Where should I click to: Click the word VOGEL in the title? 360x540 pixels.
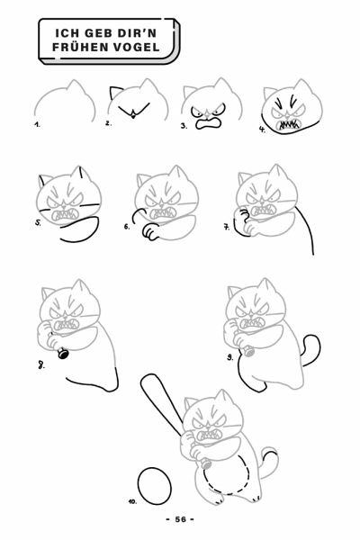(137, 47)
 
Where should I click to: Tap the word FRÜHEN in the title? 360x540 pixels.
(80, 47)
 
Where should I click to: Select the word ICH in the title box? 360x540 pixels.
(67, 33)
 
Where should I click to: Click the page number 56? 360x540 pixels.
(180, 519)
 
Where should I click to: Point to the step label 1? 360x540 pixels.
(37, 125)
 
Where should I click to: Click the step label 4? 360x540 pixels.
(263, 130)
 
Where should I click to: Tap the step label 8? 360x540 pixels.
(41, 365)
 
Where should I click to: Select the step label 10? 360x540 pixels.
(132, 501)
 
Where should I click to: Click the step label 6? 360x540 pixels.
(127, 226)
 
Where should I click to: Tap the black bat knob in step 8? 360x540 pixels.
(63, 354)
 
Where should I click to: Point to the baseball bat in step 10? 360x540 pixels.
(161, 404)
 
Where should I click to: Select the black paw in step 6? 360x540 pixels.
(149, 232)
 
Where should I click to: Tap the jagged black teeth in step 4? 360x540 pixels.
(289, 124)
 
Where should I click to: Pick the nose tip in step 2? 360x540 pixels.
(133, 117)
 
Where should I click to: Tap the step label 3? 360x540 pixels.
(184, 126)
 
